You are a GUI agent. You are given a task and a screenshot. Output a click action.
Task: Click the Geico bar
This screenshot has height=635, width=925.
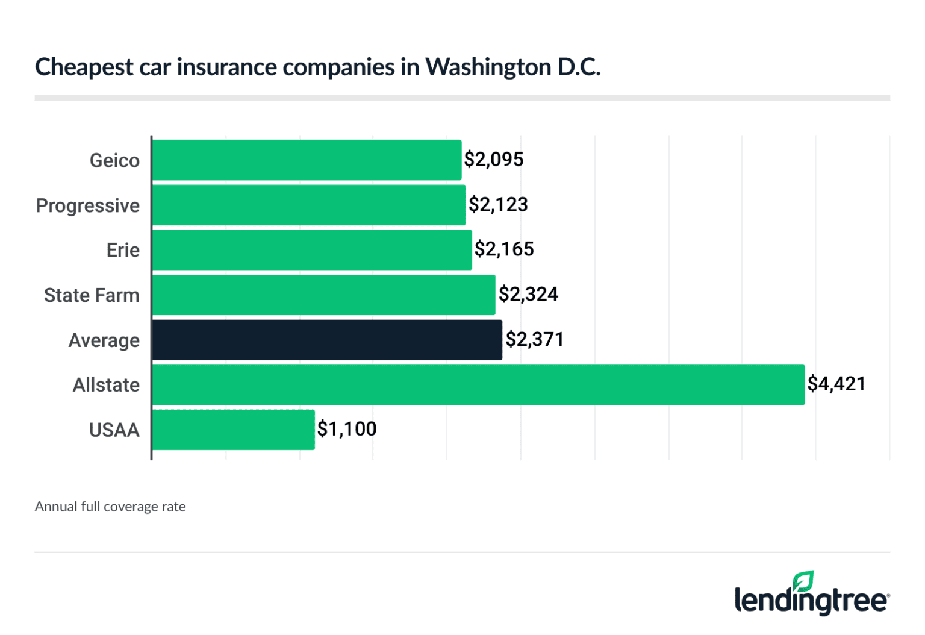[307, 160]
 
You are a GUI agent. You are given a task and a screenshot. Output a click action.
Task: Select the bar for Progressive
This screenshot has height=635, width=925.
[308, 205]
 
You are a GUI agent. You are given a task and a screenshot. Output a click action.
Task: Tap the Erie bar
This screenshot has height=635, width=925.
[311, 250]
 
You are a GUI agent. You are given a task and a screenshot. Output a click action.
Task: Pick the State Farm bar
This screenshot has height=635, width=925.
[323, 295]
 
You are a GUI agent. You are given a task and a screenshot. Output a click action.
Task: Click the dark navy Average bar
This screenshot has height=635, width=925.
[327, 340]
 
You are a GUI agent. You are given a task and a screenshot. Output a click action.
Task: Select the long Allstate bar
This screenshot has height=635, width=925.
[478, 385]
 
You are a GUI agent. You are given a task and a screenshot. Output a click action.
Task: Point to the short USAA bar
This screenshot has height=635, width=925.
[233, 430]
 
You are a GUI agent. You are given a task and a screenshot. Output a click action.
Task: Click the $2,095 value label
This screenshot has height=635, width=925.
[493, 160]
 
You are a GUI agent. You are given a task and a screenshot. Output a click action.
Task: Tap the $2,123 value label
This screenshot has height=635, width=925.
[498, 205]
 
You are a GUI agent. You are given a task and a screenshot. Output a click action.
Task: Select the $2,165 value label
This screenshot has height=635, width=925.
[504, 249]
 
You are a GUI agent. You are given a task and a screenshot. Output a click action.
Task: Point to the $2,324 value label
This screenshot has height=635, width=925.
[528, 295]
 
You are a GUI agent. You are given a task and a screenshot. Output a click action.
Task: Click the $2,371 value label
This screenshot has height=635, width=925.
[534, 340]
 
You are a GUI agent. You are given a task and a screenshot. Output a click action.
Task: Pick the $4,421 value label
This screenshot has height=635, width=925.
[836, 384]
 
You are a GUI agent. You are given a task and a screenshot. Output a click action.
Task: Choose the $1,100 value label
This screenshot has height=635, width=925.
[347, 429]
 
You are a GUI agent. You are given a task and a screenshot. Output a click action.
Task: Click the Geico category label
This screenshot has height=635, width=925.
[114, 161]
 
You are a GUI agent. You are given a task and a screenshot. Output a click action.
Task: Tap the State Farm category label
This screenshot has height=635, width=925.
[92, 296]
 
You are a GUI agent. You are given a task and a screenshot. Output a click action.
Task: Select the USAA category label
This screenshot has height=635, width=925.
[114, 430]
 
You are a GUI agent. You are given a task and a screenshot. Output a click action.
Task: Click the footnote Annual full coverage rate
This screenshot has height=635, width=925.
[110, 507]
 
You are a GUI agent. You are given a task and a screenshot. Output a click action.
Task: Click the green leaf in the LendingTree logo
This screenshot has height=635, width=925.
[803, 581]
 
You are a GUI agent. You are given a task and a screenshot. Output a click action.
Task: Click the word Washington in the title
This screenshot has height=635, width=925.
[488, 67]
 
